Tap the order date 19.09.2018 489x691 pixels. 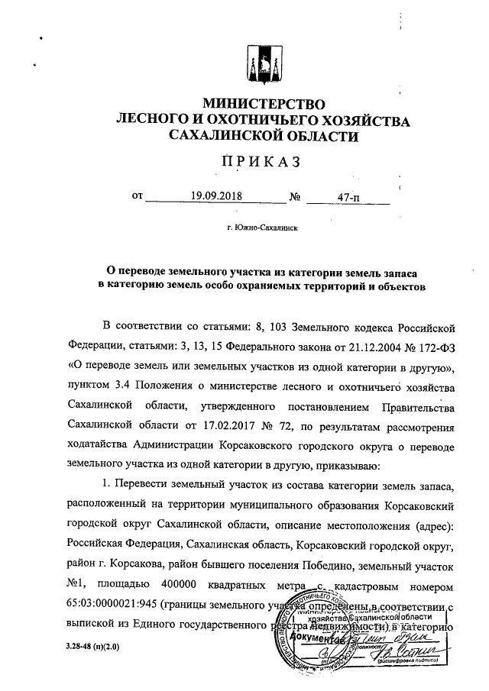point(216,196)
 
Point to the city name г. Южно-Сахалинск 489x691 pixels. point(262,228)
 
